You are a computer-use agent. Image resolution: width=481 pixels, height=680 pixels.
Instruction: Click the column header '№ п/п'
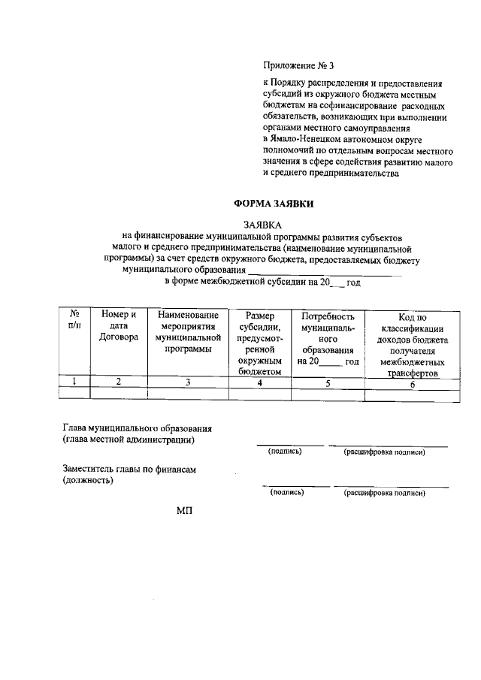tap(75, 321)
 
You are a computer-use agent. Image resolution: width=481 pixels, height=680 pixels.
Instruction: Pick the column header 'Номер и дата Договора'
tap(118, 326)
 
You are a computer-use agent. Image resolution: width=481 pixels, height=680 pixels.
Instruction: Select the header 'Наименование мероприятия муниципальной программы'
tap(188, 332)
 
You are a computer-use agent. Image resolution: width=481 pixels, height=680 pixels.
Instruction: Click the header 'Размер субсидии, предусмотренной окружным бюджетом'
tap(259, 343)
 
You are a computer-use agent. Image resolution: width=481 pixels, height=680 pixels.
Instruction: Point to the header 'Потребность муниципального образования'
tap(328, 338)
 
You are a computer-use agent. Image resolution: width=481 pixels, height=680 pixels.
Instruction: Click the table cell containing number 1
tap(75, 382)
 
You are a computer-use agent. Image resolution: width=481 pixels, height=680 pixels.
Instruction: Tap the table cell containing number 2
tap(118, 382)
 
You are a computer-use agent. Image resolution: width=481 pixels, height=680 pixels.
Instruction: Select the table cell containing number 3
tap(188, 382)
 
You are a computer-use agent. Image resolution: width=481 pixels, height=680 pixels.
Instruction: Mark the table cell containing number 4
tap(259, 382)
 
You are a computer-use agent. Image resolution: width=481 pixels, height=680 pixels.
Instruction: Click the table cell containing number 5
tap(328, 382)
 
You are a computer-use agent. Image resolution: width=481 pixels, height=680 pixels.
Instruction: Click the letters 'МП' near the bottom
tap(185, 511)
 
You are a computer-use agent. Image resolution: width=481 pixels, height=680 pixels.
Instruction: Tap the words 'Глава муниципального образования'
tap(137, 428)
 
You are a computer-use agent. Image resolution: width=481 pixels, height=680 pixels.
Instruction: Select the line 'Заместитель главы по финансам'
tap(129, 470)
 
